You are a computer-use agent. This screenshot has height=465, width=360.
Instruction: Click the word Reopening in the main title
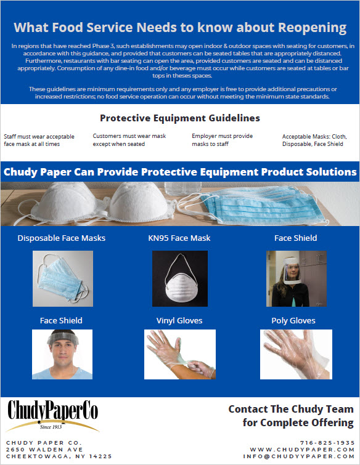pyautogui.click(x=312, y=28)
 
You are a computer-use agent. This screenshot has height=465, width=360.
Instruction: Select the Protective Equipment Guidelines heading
pyautogui.click(x=180, y=118)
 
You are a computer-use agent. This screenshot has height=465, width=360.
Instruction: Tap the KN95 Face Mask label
pyautogui.click(x=179, y=238)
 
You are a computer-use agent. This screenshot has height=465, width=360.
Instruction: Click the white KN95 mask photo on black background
pyautogui.click(x=180, y=278)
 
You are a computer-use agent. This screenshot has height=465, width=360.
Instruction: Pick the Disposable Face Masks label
pyautogui.click(x=62, y=238)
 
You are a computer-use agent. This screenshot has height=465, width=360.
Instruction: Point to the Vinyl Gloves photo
pyautogui.click(x=180, y=354)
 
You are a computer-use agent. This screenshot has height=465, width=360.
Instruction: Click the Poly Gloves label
pyautogui.click(x=293, y=321)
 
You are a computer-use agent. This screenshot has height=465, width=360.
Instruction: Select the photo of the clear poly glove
pyautogui.click(x=296, y=354)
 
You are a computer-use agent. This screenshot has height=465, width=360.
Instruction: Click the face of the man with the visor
pyautogui.click(x=63, y=352)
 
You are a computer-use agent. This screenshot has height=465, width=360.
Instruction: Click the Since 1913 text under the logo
pyautogui.click(x=51, y=427)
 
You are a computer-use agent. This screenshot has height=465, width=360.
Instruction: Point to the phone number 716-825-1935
pyautogui.click(x=327, y=443)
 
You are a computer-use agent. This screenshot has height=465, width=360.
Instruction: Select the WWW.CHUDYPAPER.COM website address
pyautogui.click(x=302, y=450)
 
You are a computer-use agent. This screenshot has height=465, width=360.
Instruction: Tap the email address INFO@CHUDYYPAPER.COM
pyautogui.click(x=298, y=456)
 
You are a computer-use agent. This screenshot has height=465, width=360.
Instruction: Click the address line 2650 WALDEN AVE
pyautogui.click(x=44, y=450)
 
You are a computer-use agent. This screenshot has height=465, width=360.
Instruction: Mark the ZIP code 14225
pyautogui.click(x=100, y=456)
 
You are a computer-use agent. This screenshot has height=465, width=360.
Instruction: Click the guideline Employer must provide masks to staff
pyautogui.click(x=223, y=140)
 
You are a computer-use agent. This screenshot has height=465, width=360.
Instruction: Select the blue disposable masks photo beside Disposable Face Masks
pyautogui.click(x=63, y=278)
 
